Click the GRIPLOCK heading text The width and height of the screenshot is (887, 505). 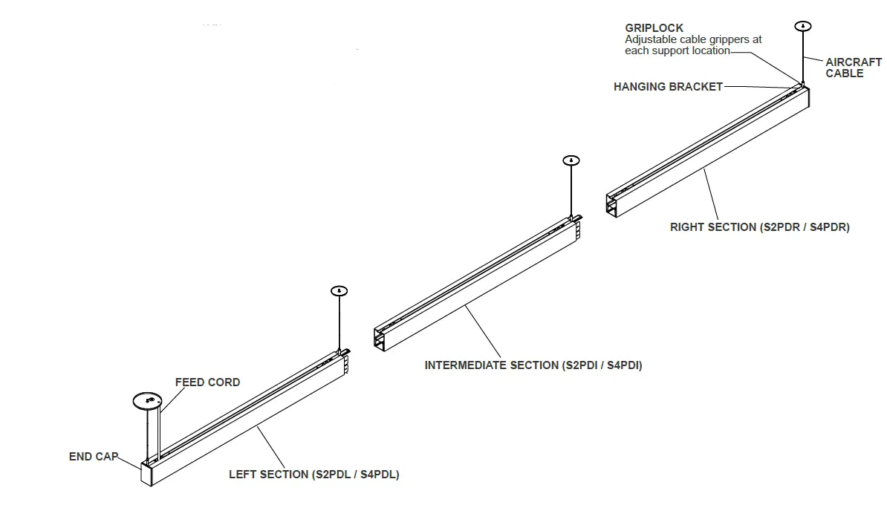654,29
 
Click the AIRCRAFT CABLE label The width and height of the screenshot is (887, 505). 853,68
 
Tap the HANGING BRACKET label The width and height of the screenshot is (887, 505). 668,87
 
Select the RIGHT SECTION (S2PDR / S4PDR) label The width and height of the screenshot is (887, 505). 759,227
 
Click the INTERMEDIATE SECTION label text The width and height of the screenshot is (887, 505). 533,365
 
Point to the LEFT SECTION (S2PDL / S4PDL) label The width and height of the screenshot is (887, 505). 313,475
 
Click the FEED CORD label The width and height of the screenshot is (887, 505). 207,382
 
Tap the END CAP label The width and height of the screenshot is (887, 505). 93,457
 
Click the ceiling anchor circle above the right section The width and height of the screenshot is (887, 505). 803,26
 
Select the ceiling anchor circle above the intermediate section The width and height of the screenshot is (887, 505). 571,160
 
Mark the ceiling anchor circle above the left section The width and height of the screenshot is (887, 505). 338,290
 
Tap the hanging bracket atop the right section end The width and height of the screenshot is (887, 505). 802,84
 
